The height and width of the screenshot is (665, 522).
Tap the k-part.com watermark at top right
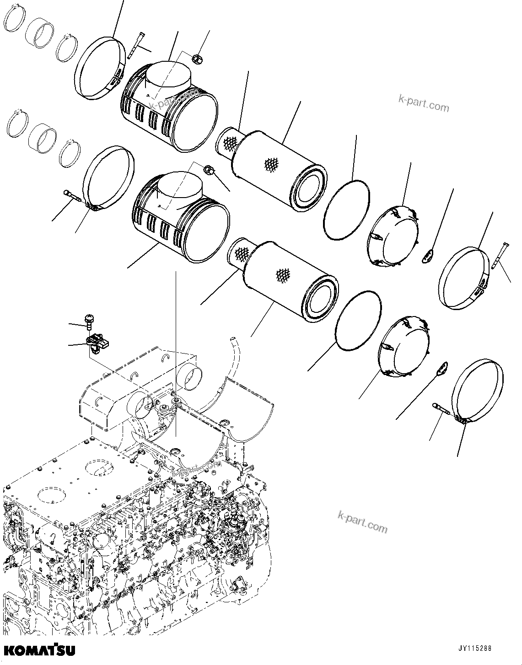tap(424, 104)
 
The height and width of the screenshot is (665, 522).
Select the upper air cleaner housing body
tap(169, 110)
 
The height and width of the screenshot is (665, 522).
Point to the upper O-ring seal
tap(347, 209)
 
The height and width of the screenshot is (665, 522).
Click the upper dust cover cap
tap(394, 236)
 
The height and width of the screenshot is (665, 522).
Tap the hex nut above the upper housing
tap(196, 59)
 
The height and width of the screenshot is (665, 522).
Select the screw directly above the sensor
tap(88, 322)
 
